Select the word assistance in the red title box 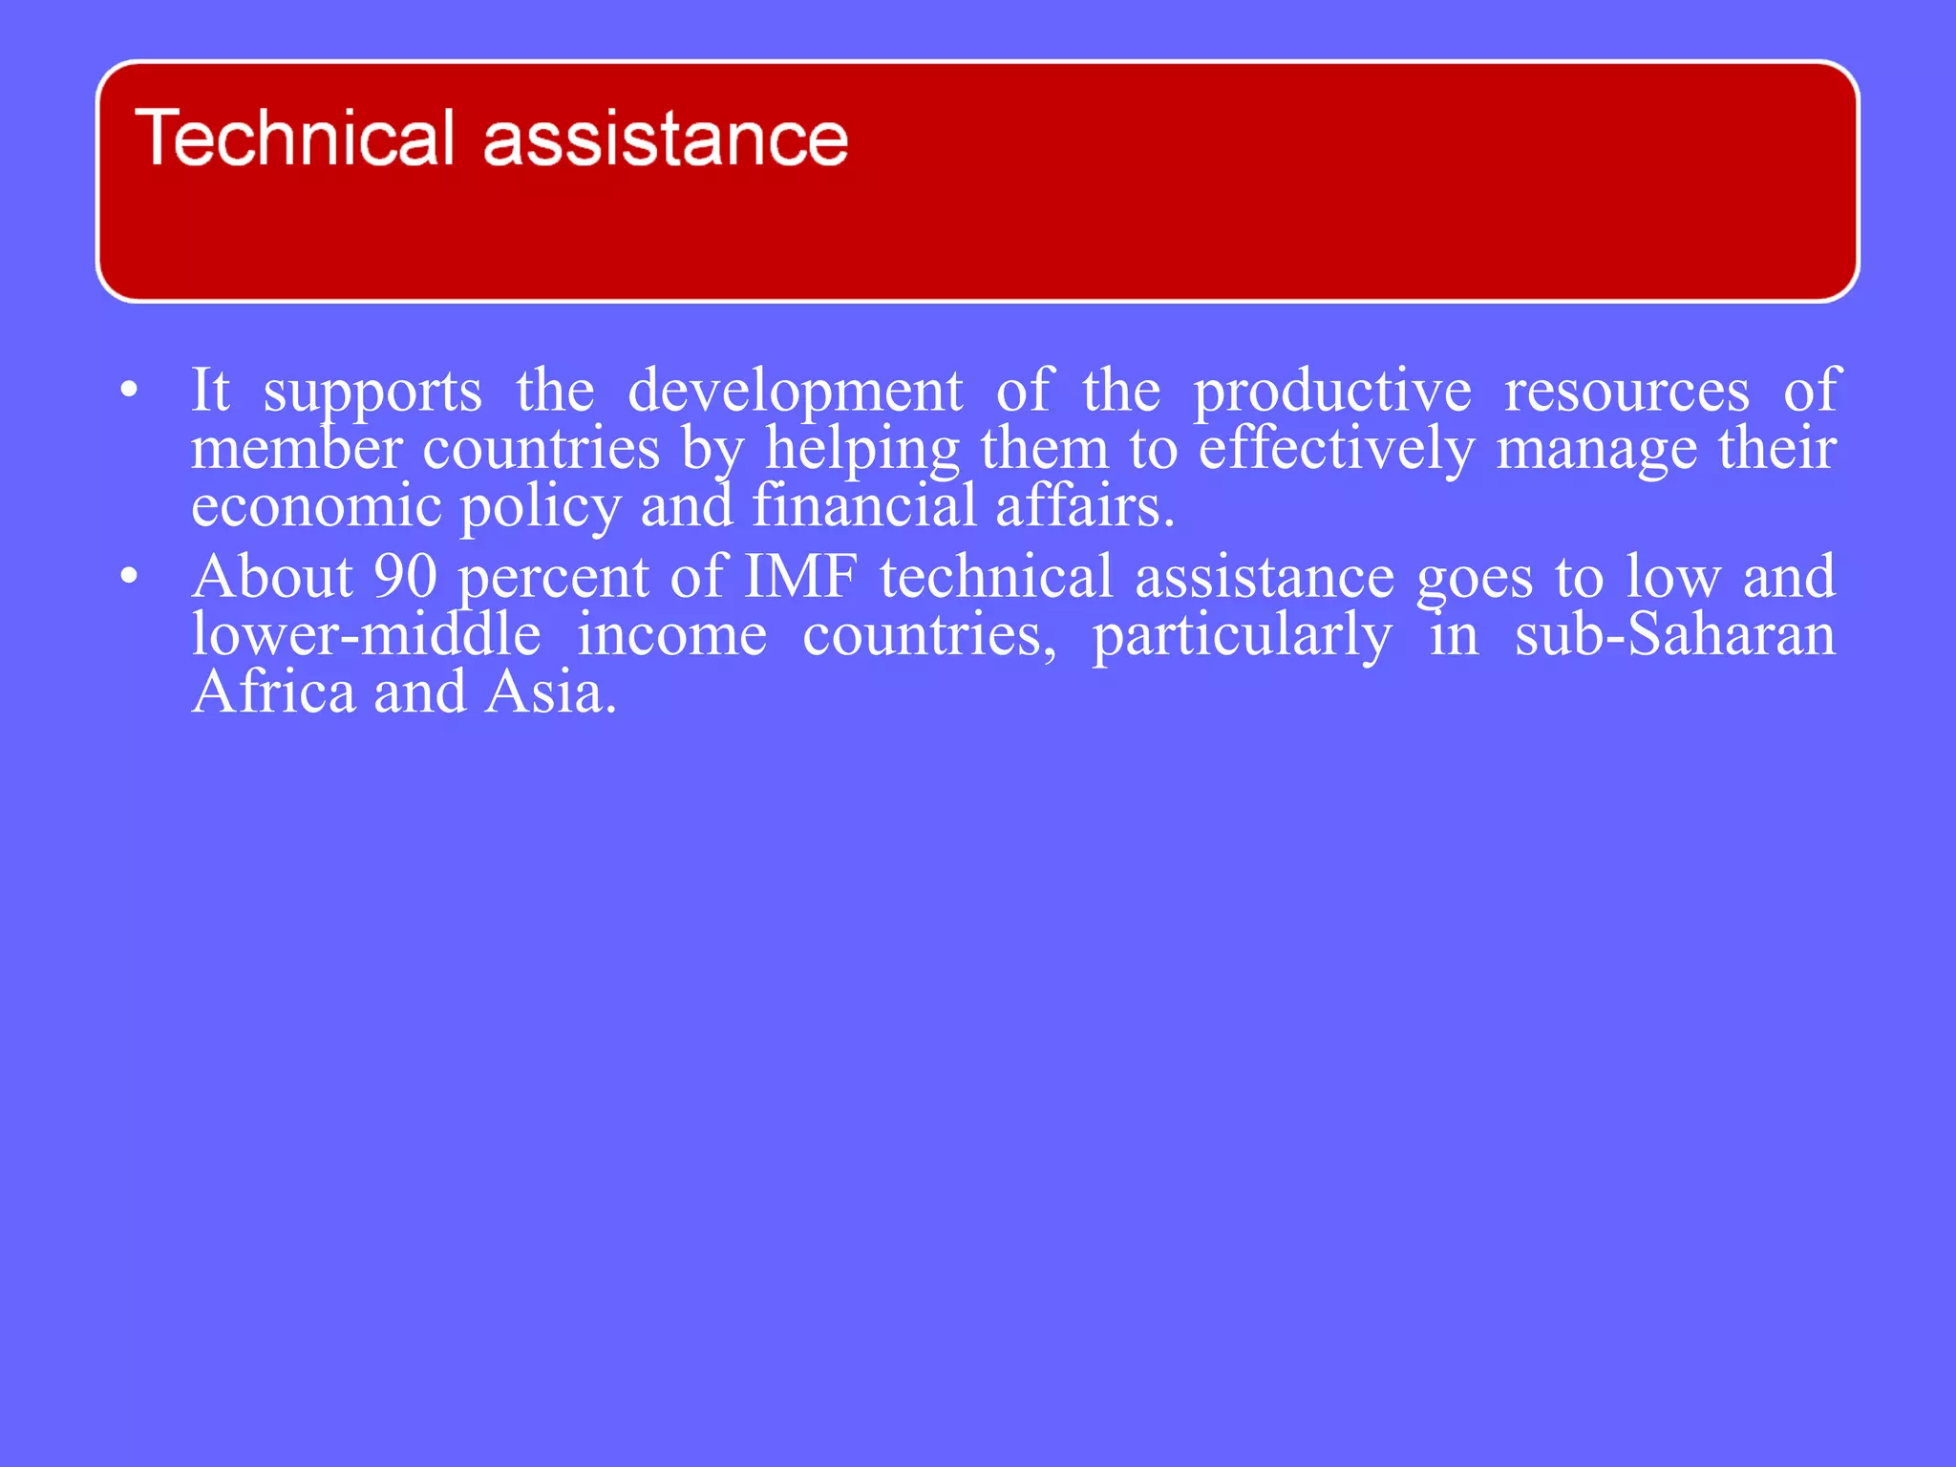[x=666, y=139]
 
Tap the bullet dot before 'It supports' [x=130, y=390]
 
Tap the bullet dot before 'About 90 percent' [x=130, y=576]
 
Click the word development [x=795, y=392]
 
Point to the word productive [x=1332, y=392]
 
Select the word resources [x=1626, y=392]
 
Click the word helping [x=861, y=449]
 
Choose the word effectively [x=1336, y=449]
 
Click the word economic [x=316, y=505]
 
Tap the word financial [x=864, y=505]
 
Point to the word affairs [x=1084, y=505]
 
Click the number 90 [x=405, y=577]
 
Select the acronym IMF [x=800, y=577]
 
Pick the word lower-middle [x=366, y=634]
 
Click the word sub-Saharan [x=1675, y=634]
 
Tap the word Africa [x=274, y=691]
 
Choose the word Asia [x=550, y=691]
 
